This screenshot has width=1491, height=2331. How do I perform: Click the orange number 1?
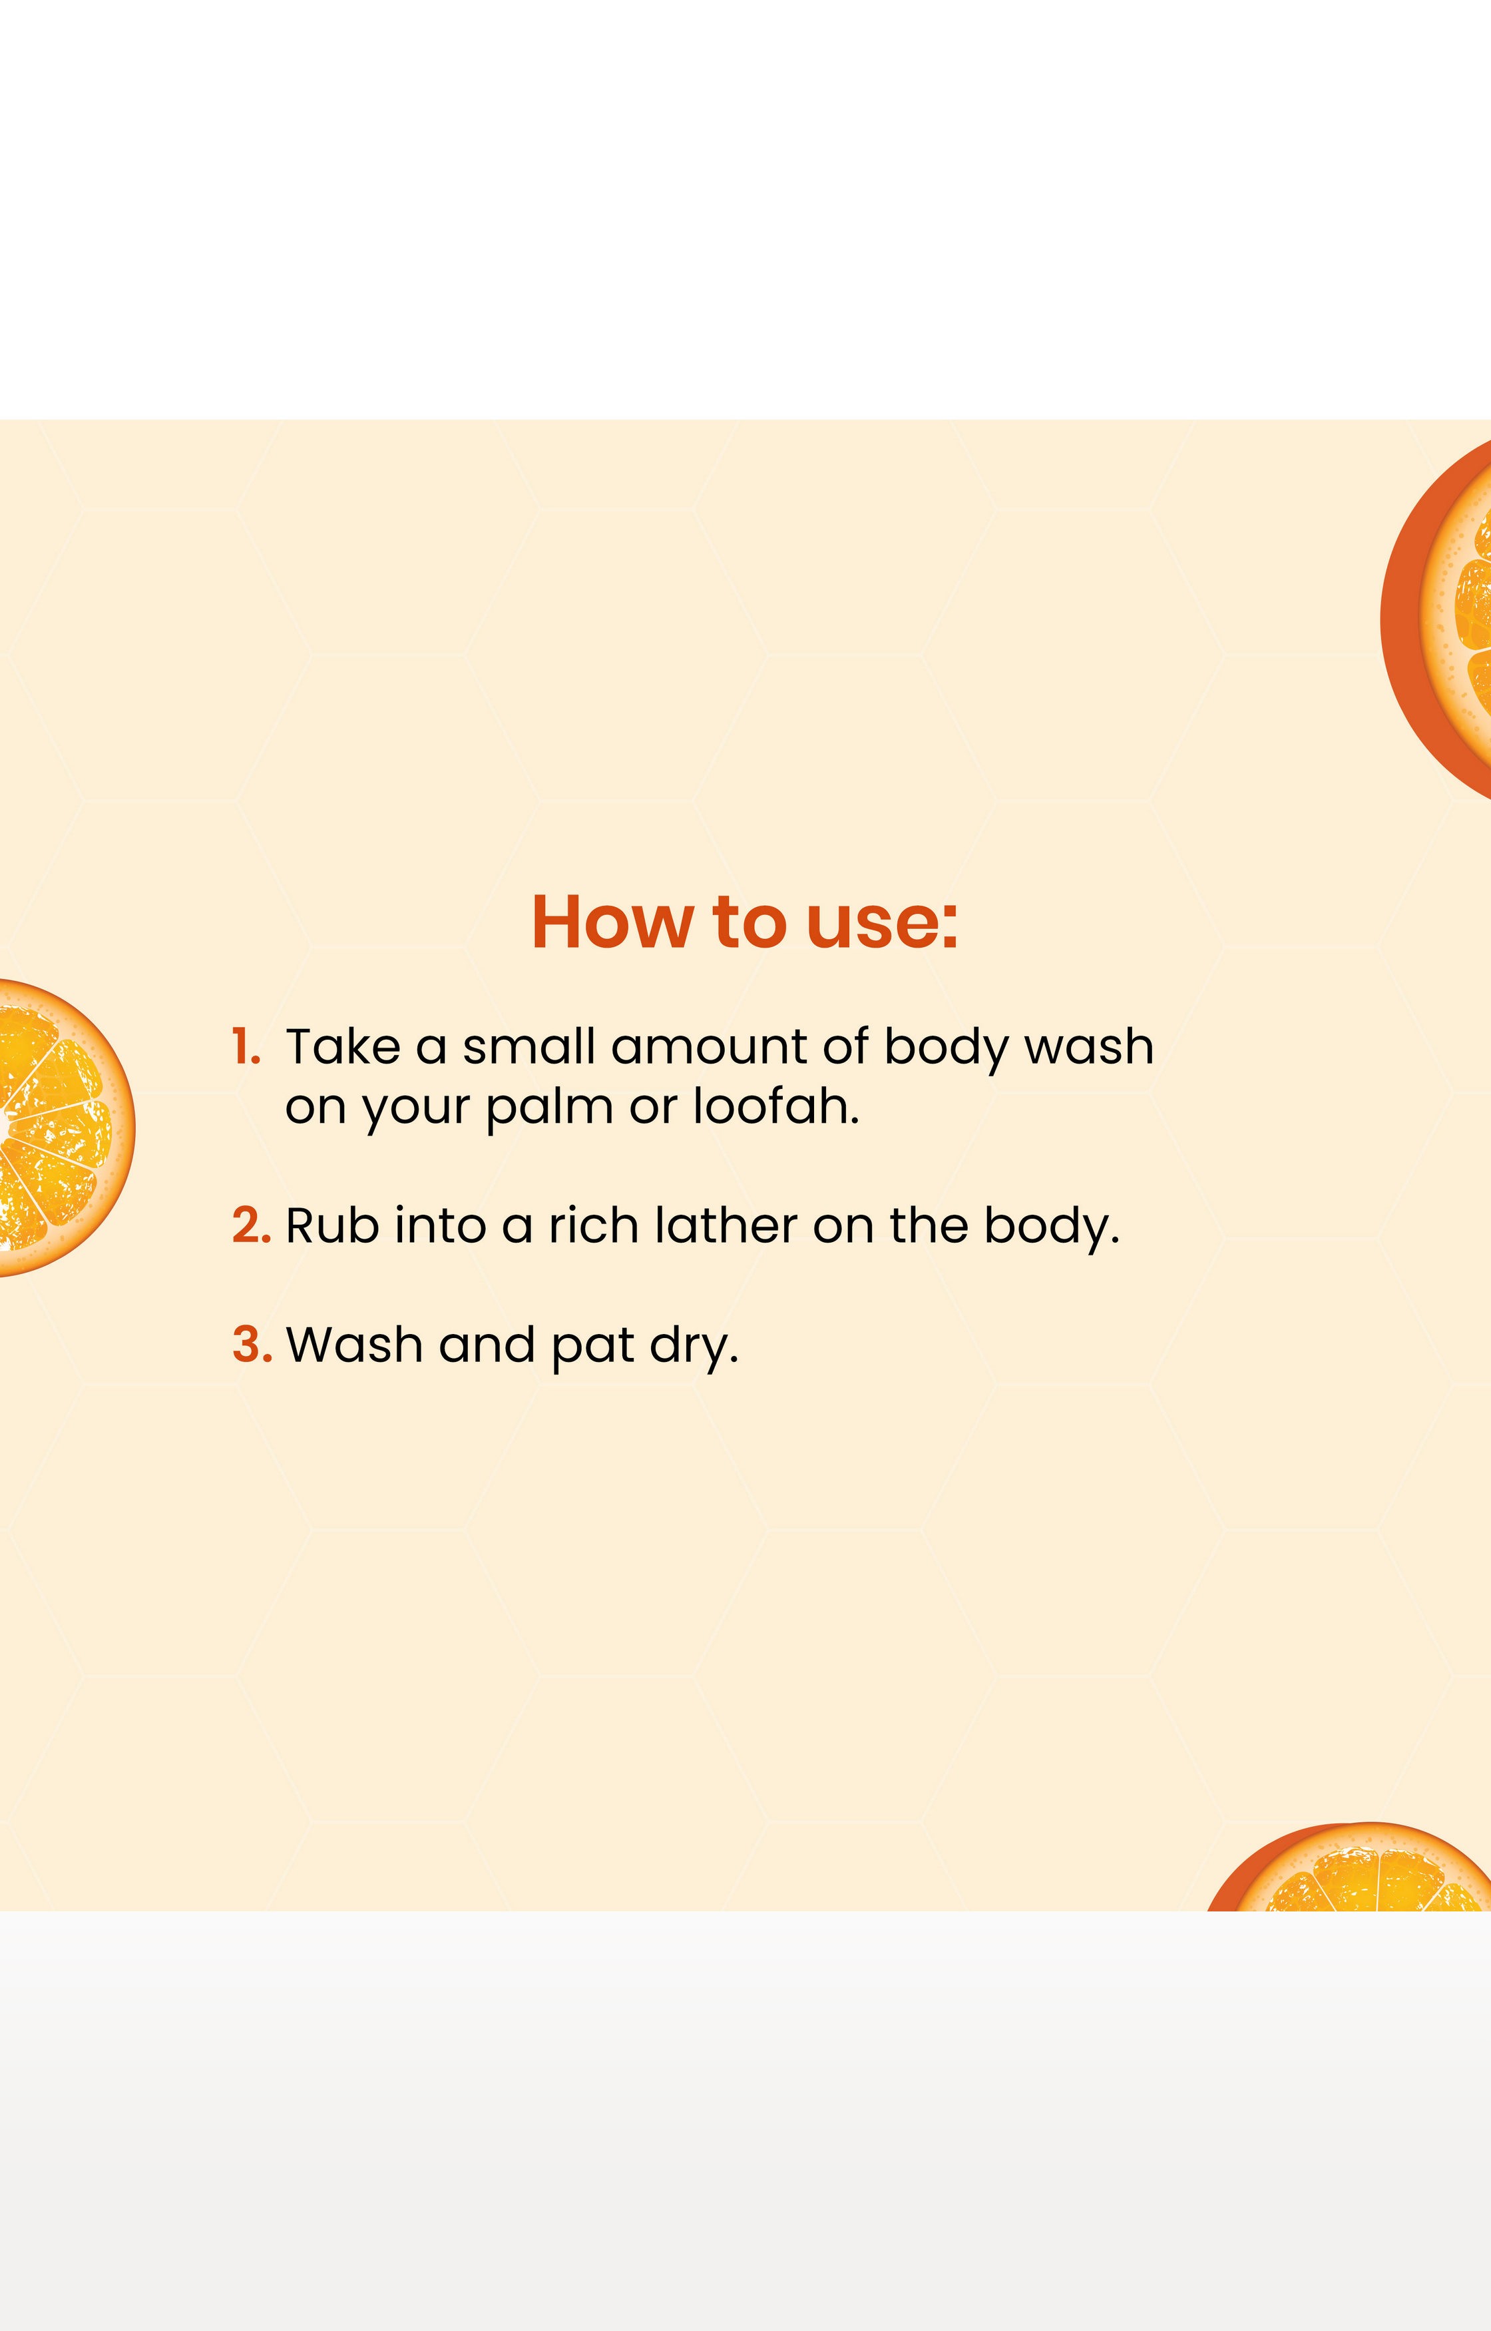click(246, 1047)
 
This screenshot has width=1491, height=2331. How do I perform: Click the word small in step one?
click(528, 1047)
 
